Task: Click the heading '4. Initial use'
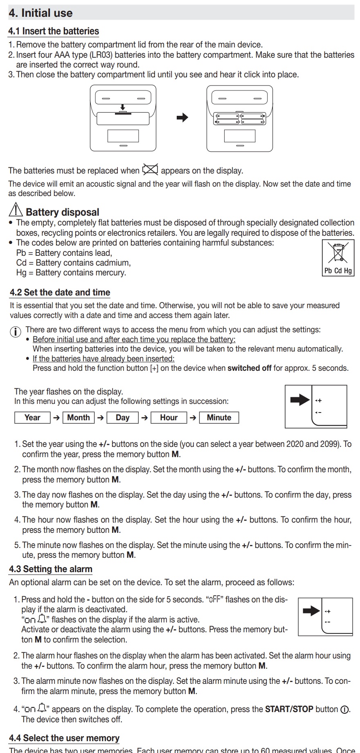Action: (40, 13)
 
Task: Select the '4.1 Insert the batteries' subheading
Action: (54, 31)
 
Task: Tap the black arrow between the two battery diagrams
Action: (182, 118)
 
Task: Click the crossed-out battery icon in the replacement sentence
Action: (150, 169)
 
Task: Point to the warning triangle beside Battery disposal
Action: (16, 210)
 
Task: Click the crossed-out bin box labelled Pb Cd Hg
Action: (338, 257)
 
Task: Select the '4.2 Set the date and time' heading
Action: (60, 293)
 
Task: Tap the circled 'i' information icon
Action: (15, 331)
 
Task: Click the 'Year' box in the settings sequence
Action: (32, 417)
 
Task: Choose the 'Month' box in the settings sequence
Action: (79, 417)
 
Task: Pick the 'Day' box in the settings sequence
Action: (123, 417)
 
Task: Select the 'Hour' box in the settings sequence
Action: (169, 417)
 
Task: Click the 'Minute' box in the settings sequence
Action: (219, 417)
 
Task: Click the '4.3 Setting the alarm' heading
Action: (51, 569)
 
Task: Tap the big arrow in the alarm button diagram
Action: (311, 611)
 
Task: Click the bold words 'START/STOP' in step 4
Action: (289, 709)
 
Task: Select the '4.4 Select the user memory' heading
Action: (64, 738)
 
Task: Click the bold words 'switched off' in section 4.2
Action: (250, 368)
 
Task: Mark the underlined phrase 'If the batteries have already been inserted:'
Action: (103, 358)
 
